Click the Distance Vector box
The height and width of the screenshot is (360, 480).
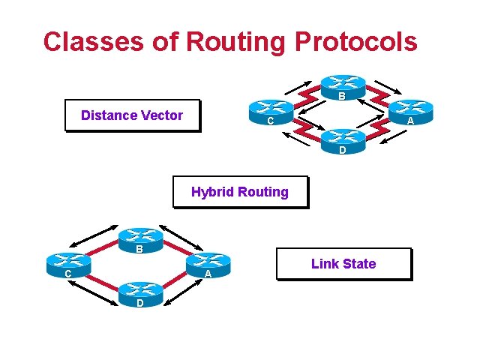(x=132, y=115)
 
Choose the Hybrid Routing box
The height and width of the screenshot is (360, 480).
(x=240, y=192)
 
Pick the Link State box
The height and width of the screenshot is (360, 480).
(x=343, y=264)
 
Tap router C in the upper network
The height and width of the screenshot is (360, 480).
(x=270, y=113)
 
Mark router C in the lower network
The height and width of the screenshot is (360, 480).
(x=68, y=265)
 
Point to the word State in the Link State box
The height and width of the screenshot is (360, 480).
(x=359, y=264)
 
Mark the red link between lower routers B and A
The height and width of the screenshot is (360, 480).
(x=175, y=249)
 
